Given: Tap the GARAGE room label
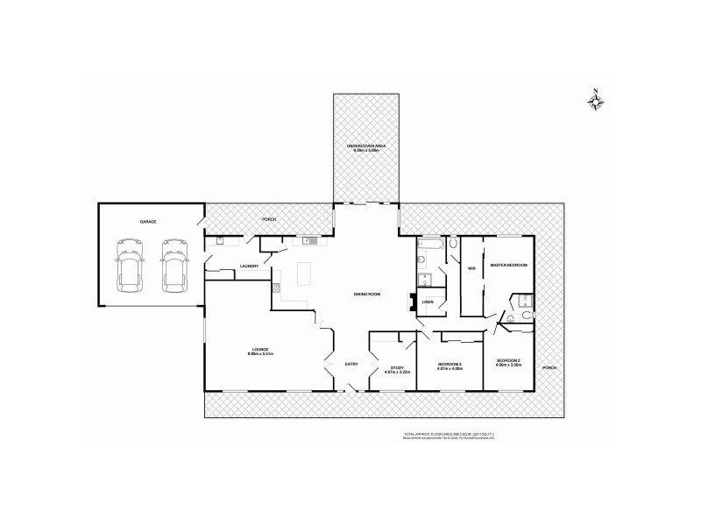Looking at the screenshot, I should (147, 222).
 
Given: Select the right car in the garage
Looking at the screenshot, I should (173, 267).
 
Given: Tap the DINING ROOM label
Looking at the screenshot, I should (366, 294).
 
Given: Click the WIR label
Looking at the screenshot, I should (471, 267).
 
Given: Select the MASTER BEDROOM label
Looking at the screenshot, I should (508, 265).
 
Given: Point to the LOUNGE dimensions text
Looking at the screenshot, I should (262, 354).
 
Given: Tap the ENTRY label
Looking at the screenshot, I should (351, 365).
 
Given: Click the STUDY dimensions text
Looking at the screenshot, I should (398, 372).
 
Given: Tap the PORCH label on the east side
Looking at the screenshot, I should (549, 366).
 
